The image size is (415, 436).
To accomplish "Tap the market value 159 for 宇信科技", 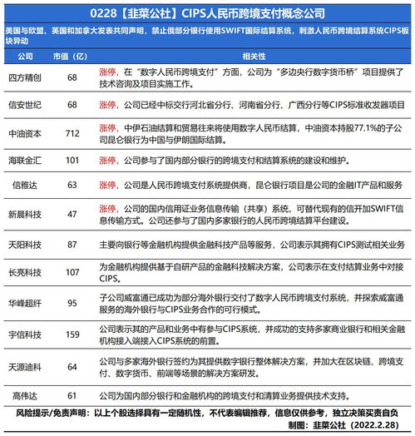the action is pos(72,334).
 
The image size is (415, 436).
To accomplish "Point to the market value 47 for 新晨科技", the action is pos(72,214).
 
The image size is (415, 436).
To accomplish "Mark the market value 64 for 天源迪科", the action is pos(72,365).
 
